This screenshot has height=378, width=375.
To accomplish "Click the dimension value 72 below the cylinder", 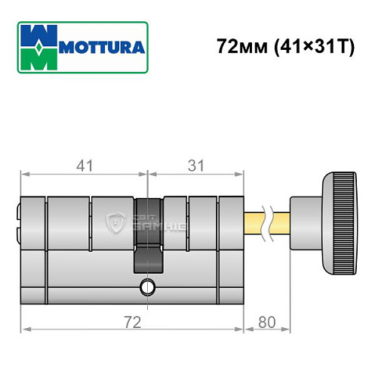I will coord(134,323).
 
